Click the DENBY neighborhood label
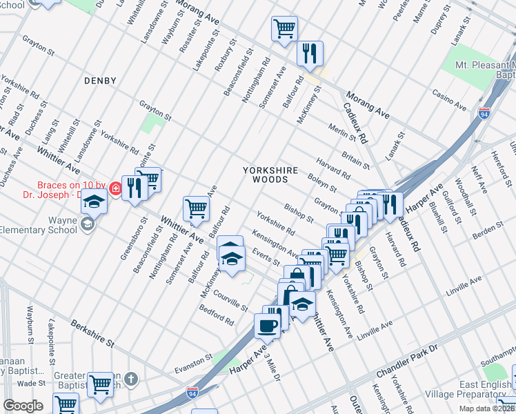100,81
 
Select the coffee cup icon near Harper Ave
268,325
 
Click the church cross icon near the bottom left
131,378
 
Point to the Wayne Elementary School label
38,225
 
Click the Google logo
23,406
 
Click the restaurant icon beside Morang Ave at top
310,52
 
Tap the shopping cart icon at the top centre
284,28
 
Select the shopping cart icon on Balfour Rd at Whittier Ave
197,208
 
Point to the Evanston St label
192,360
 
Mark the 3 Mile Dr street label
271,365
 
